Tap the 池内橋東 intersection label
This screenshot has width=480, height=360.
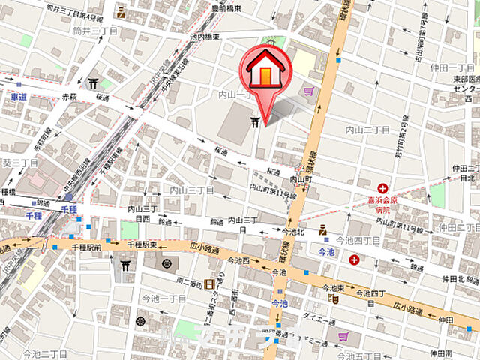[x=205, y=37]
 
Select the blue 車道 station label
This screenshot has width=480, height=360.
[x=19, y=97]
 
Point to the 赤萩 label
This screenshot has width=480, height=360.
[x=70, y=97]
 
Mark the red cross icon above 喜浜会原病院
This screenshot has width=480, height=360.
[x=383, y=188]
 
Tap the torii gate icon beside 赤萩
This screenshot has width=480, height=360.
[x=93, y=84]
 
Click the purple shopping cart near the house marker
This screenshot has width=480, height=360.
[x=308, y=91]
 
